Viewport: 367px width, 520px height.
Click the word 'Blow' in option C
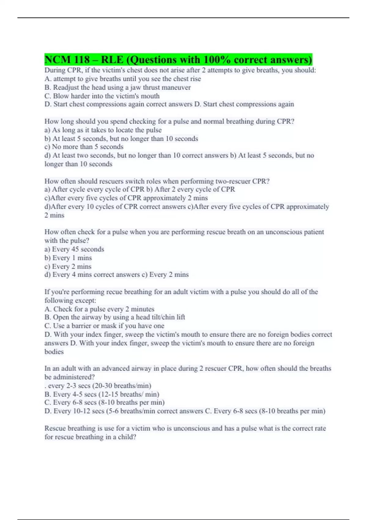(61, 96)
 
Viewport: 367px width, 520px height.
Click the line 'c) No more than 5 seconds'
(84, 147)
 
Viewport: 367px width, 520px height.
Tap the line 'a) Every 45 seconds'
(74, 249)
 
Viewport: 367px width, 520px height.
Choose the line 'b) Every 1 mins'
(68, 258)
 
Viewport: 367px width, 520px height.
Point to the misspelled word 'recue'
(114, 292)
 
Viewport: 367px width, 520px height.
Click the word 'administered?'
(73, 377)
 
